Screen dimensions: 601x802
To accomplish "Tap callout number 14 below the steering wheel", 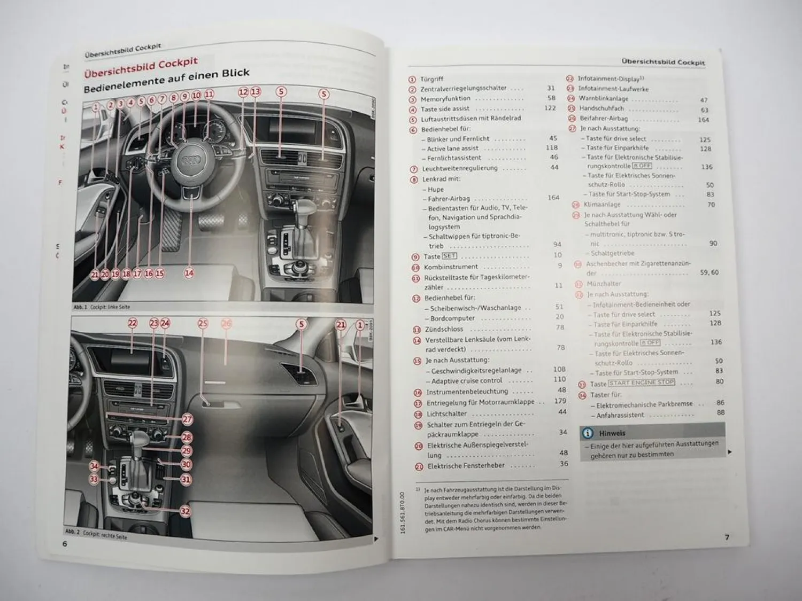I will [x=189, y=273].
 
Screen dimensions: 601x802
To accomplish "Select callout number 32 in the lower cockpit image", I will [x=185, y=511].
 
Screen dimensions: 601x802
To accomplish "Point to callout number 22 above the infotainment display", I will [x=133, y=323].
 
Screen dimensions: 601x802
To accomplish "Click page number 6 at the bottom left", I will [x=65, y=544].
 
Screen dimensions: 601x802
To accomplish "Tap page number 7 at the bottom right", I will [x=727, y=537].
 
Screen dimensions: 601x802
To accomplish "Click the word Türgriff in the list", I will [x=431, y=79].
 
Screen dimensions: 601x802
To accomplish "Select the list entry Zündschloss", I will [x=444, y=330].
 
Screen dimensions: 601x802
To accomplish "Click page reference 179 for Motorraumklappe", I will [x=560, y=401].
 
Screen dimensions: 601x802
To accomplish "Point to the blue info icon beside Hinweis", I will [x=588, y=433].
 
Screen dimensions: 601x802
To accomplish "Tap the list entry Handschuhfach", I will [x=601, y=108].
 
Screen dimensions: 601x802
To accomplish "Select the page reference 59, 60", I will [x=709, y=272].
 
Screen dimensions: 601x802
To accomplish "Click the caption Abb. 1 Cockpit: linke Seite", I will [x=102, y=308].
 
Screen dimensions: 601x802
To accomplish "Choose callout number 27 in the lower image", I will [x=187, y=420].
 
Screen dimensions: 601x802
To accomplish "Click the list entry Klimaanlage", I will [x=602, y=205].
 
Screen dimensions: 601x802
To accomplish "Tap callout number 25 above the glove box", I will [x=203, y=323].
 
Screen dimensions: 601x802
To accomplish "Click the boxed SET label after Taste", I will [x=449, y=256].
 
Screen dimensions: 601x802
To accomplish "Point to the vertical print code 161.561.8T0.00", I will [x=402, y=513].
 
